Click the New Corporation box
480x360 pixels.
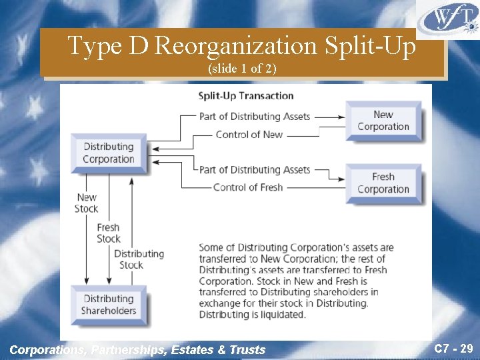tap(383, 121)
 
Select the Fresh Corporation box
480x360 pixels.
tap(383, 183)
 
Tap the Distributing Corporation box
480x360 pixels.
tap(108, 153)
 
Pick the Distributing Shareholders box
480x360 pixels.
tap(108, 305)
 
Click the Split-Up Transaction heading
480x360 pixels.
tap(246, 95)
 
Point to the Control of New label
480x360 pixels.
tap(249, 135)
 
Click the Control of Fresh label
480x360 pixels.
tap(248, 187)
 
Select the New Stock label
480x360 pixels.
tap(87, 203)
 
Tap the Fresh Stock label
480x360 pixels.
tap(108, 233)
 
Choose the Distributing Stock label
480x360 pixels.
tap(139, 259)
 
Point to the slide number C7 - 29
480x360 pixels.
tap(453, 348)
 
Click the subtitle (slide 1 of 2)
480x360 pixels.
tap(241, 69)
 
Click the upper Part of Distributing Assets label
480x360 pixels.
tap(255, 116)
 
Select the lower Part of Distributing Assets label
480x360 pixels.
tap(255, 169)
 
